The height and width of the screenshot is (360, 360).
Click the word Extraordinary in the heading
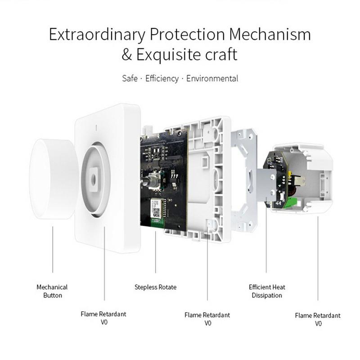(x=97, y=35)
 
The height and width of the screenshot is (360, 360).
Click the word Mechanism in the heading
(x=270, y=34)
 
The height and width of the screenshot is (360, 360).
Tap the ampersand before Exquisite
(x=127, y=54)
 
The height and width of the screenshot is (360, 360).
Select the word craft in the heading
(x=221, y=54)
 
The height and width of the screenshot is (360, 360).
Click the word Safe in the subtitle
(x=130, y=78)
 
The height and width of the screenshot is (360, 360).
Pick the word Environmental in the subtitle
(x=212, y=78)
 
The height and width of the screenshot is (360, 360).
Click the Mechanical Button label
(x=52, y=291)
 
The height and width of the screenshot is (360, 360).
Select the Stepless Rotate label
(x=155, y=287)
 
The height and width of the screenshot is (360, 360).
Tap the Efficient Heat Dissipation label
(x=267, y=291)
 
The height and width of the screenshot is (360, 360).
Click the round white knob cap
(x=53, y=179)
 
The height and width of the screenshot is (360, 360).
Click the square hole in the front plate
(x=94, y=179)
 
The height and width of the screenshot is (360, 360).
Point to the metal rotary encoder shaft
(x=146, y=181)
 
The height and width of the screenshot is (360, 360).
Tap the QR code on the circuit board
(x=157, y=213)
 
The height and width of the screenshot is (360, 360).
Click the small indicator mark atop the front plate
(x=96, y=128)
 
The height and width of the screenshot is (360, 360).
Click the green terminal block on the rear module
(x=292, y=202)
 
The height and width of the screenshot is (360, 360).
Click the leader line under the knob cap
(x=53, y=250)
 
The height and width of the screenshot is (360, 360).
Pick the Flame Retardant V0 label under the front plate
(x=103, y=318)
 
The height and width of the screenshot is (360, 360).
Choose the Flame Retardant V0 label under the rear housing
(x=318, y=319)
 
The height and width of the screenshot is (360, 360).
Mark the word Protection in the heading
(x=187, y=34)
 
